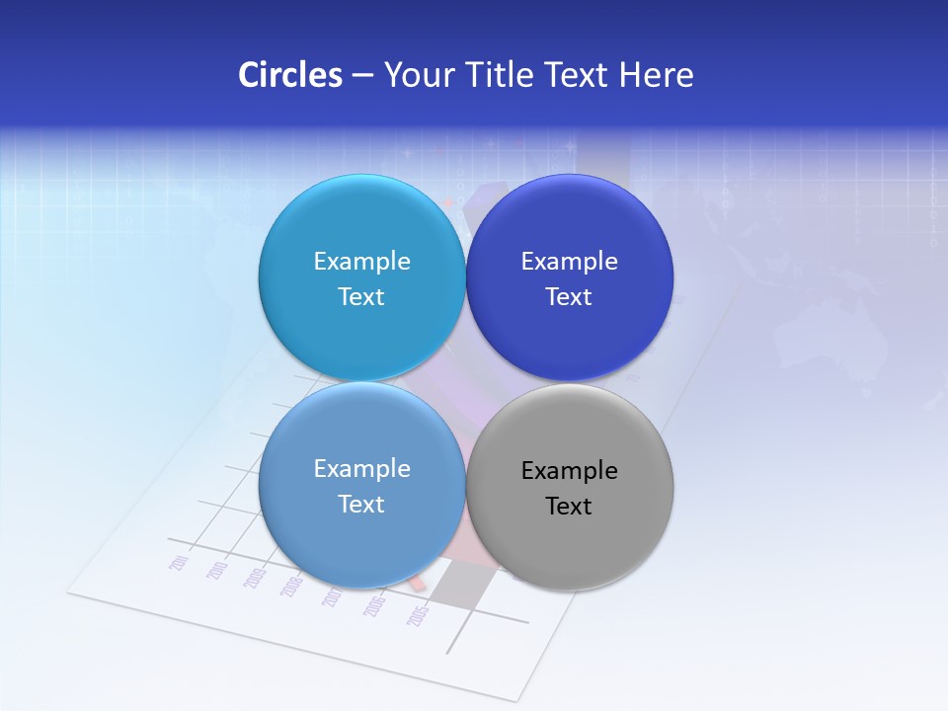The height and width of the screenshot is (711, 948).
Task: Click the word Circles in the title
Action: coord(289,75)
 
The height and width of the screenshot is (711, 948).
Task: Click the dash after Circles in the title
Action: coord(362,76)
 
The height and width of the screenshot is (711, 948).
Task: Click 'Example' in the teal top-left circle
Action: coord(361,262)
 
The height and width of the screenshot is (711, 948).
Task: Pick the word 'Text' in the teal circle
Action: coord(361,297)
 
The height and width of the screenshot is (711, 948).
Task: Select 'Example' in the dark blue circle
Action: coord(569,262)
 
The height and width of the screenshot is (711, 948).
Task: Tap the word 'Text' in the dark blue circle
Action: coord(569,297)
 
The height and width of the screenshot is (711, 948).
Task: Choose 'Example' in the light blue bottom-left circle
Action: coord(361,469)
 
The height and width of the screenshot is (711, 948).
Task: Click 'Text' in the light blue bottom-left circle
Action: coord(361,505)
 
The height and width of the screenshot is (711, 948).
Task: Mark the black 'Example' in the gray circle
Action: coord(569,471)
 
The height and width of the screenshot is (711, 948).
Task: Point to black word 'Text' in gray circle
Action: coord(569,507)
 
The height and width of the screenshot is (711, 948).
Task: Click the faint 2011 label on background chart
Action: coord(180,563)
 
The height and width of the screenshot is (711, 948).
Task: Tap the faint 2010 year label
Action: coord(217,570)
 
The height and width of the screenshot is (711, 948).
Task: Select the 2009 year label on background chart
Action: coord(255,578)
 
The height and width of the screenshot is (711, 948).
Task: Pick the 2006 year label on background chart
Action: coord(374,605)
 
